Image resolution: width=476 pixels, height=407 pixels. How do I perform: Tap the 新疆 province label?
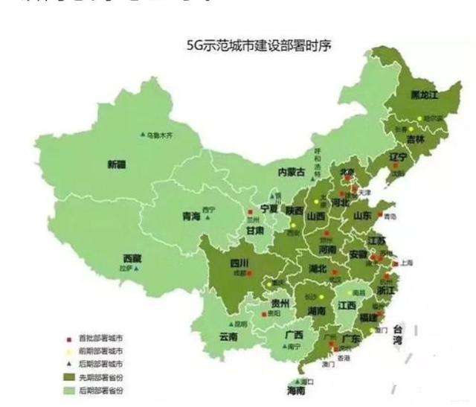(117, 164)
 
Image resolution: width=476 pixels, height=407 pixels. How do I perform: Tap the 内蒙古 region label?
(292, 172)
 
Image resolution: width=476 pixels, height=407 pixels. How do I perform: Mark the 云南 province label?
(228, 337)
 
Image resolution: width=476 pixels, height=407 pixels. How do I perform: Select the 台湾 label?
(402, 334)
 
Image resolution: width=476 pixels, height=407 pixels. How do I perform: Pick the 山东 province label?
(362, 215)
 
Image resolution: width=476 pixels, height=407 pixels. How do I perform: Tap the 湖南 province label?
(316, 311)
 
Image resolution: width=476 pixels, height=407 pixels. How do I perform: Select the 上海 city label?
(407, 263)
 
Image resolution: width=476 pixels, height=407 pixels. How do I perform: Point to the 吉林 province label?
(415, 139)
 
